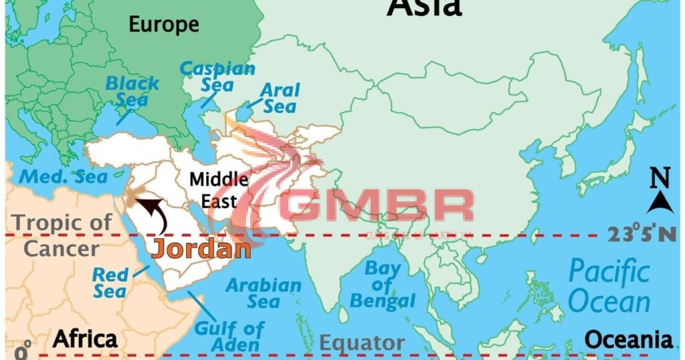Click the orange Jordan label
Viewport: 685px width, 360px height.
click(x=201, y=248)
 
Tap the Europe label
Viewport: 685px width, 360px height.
click(x=164, y=25)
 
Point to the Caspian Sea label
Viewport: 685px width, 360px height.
click(x=217, y=76)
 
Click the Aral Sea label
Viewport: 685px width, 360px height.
click(x=280, y=98)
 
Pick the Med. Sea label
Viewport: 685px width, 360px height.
click(x=63, y=177)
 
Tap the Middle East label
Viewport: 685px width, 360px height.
click(x=219, y=189)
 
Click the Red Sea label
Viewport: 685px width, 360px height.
click(x=110, y=282)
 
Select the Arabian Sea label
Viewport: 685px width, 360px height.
click(x=263, y=292)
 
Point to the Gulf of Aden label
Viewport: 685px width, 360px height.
click(x=229, y=337)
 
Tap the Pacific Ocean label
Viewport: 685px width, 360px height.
click(x=609, y=286)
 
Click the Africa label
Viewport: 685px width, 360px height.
click(x=85, y=338)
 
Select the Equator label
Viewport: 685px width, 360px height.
click(x=361, y=343)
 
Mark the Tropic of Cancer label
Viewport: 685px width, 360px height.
click(x=62, y=236)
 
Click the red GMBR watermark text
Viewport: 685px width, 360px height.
click(x=379, y=205)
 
